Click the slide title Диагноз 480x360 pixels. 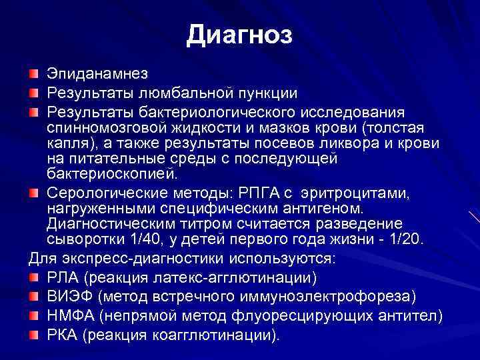pyautogui.click(x=239, y=35)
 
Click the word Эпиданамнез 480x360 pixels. pyautogui.click(x=97, y=73)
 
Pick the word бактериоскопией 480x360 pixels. pyautogui.click(x=111, y=175)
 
